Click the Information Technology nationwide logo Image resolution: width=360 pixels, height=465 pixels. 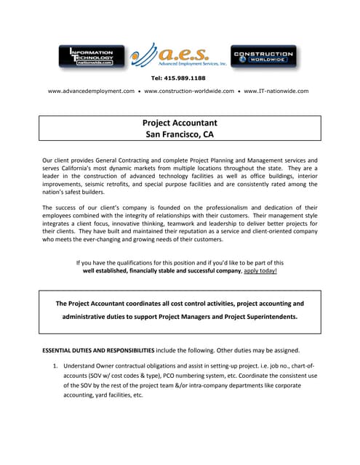click(91, 57)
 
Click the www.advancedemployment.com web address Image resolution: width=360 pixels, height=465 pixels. click(92, 92)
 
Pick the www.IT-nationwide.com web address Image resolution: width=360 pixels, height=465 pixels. click(276, 92)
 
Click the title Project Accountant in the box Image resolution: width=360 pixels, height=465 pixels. click(180, 123)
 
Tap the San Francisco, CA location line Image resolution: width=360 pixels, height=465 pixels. click(180, 134)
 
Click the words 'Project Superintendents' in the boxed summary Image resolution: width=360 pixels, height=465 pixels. click(257, 317)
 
